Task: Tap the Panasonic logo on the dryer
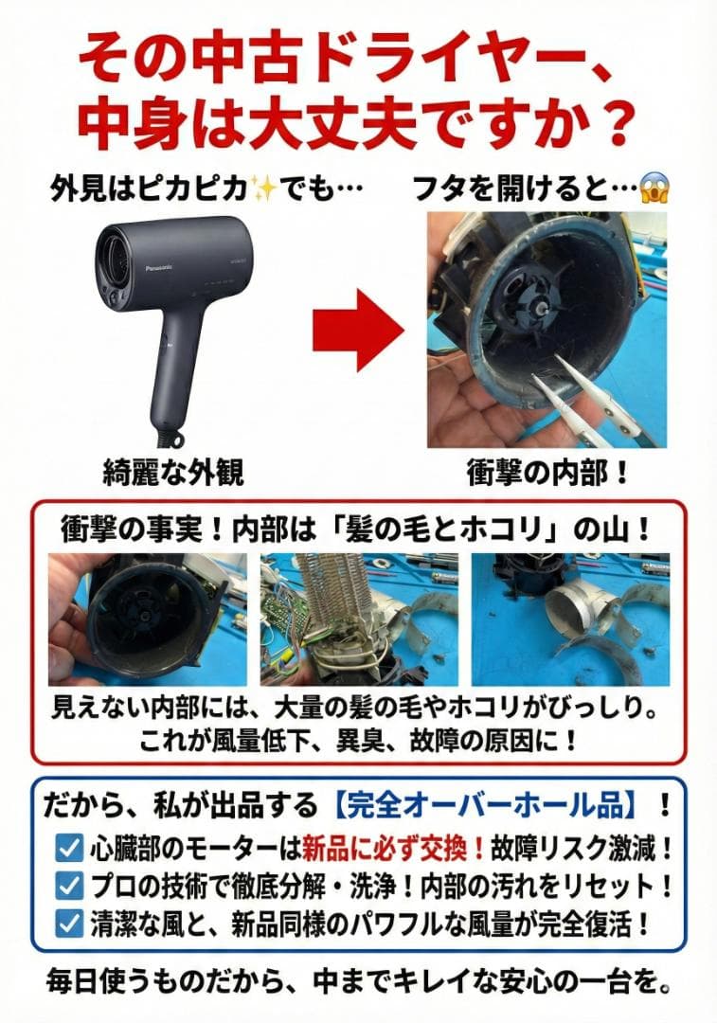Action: pos(138,267)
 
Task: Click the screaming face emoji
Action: pos(653,189)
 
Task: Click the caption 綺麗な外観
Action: pos(173,471)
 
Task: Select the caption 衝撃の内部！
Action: pos(548,471)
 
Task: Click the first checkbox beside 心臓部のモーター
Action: pos(69,847)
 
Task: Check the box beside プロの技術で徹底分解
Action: pos(69,885)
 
